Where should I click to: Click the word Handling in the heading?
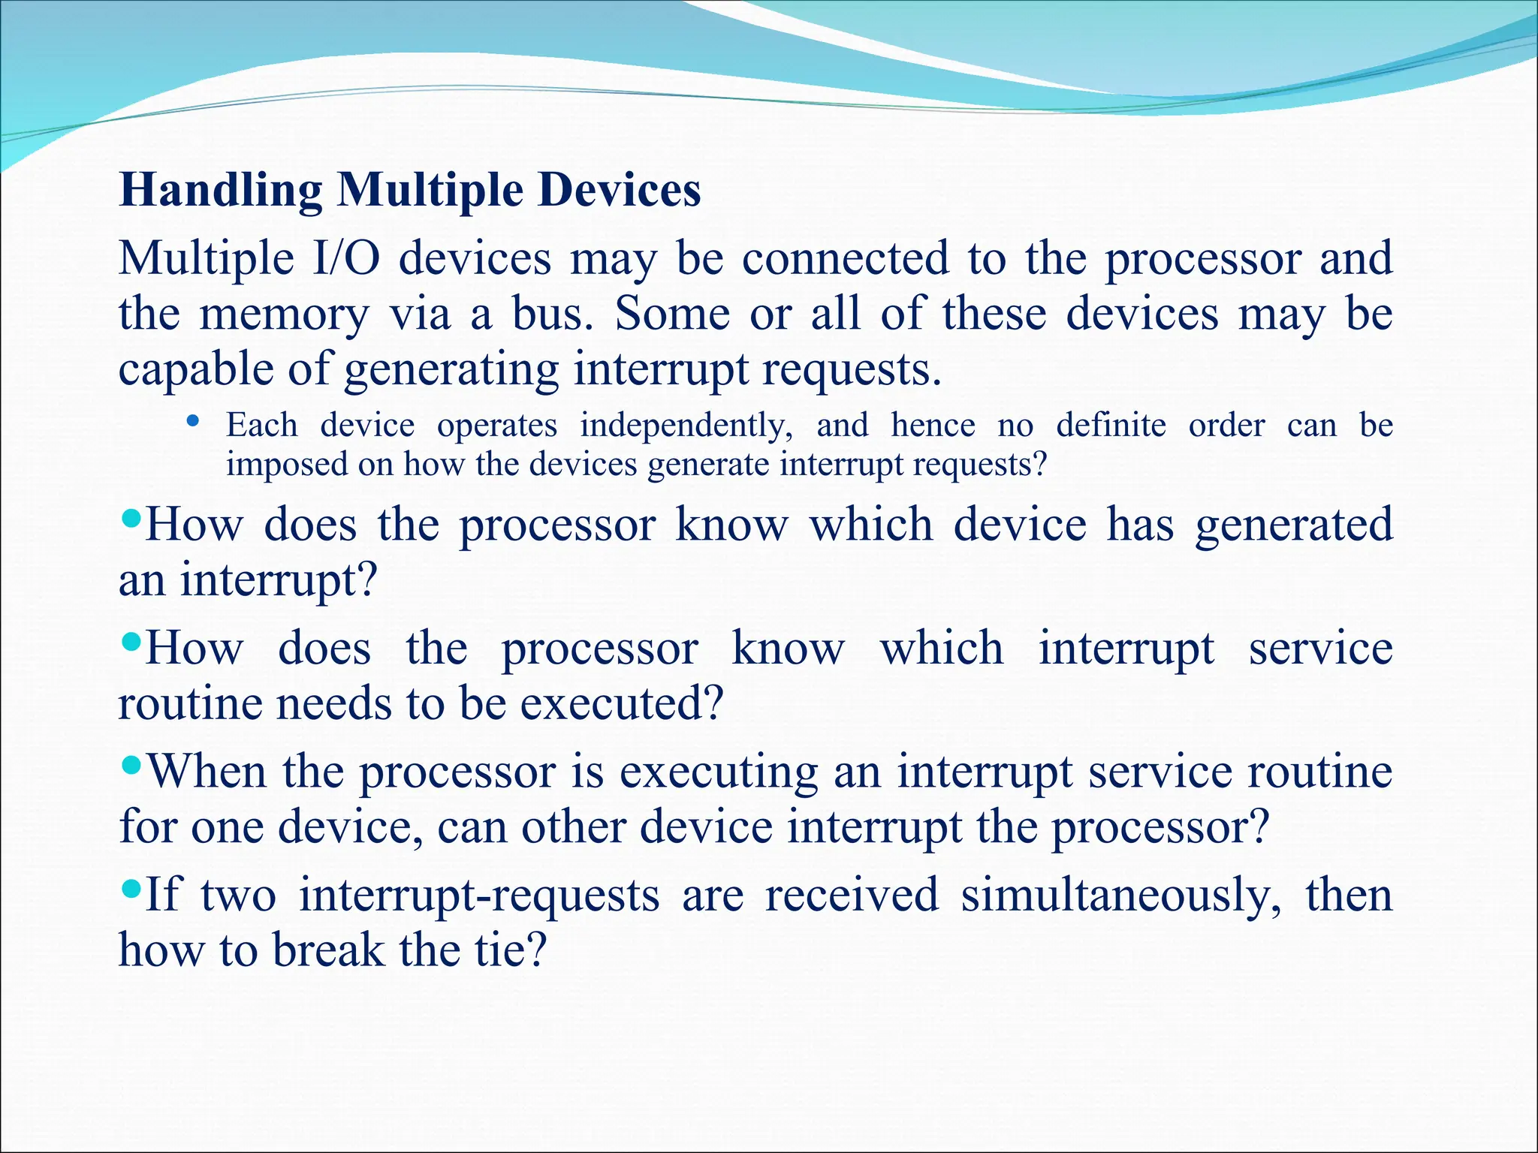point(221,191)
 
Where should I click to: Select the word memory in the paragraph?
point(285,315)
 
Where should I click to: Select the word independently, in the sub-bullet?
point(686,426)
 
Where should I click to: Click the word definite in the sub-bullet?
point(1111,426)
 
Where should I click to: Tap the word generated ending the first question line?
point(1293,525)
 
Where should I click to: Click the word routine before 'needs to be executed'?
point(191,704)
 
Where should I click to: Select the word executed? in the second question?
point(621,704)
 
